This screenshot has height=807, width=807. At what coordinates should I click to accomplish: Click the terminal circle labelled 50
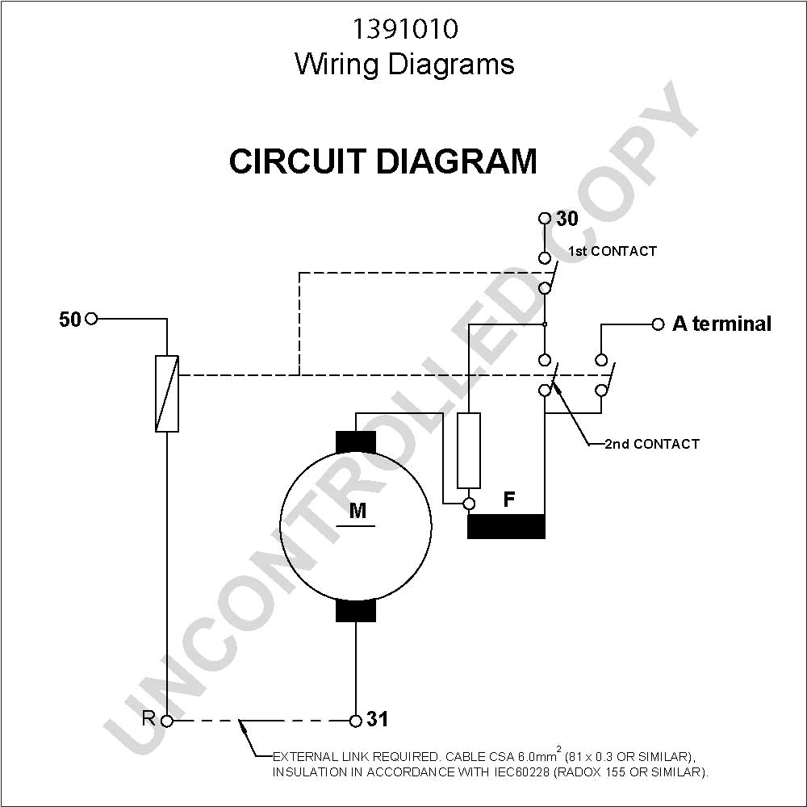[x=91, y=319]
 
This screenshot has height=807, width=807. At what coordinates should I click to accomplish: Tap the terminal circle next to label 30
[x=545, y=218]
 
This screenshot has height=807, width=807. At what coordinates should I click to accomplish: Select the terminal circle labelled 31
[x=356, y=721]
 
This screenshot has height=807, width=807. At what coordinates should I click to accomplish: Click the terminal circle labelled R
[x=167, y=721]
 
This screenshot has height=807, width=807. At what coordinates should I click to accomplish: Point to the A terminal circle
[x=658, y=324]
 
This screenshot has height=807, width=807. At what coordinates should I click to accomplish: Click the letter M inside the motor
[x=358, y=511]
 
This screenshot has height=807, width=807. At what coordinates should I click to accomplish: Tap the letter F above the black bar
[x=509, y=499]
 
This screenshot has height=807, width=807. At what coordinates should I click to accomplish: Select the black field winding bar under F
[x=506, y=526]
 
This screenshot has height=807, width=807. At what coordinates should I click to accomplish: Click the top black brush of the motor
[x=356, y=442]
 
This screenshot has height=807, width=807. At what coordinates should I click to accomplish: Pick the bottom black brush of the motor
[x=356, y=610]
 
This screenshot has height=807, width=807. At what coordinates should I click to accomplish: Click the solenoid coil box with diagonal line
[x=167, y=394]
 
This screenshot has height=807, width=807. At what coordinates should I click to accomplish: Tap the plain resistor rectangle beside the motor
[x=469, y=450]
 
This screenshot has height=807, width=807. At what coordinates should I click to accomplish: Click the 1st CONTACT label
[x=613, y=251]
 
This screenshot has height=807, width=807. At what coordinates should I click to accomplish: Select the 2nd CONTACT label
[x=652, y=444]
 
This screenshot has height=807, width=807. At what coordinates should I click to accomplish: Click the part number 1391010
[x=404, y=29]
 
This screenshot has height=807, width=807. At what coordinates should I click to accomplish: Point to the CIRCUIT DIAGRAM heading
[x=383, y=161]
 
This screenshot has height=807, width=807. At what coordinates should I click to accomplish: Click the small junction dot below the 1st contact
[x=545, y=324]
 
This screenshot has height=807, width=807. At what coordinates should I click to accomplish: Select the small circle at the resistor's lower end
[x=469, y=504]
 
